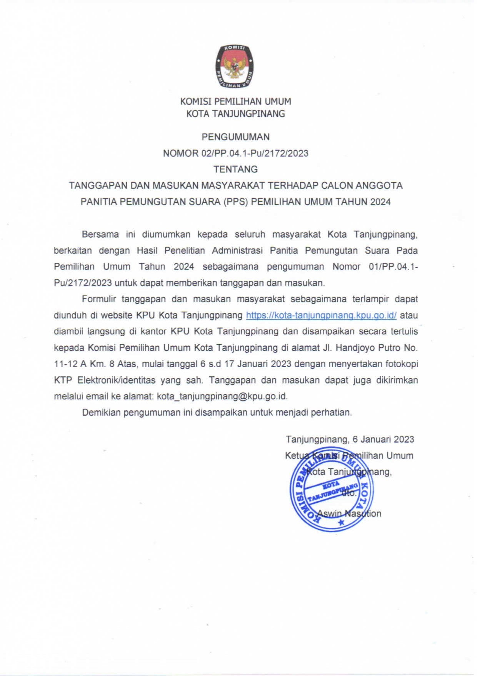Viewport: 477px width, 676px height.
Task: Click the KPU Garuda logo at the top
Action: pyautogui.click(x=235, y=66)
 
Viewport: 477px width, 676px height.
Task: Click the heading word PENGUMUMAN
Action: pyautogui.click(x=235, y=137)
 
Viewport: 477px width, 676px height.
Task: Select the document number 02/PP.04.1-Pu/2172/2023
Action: pyautogui.click(x=255, y=153)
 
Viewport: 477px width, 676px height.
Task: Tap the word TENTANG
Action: pyautogui.click(x=235, y=169)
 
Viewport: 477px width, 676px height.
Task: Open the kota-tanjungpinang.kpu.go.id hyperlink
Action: pyautogui.click(x=321, y=315)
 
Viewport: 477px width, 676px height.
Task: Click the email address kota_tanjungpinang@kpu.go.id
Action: pyautogui.click(x=222, y=396)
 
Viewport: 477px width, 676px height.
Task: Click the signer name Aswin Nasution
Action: pyautogui.click(x=349, y=513)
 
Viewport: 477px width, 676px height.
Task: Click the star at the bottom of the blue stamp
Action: pyautogui.click(x=340, y=522)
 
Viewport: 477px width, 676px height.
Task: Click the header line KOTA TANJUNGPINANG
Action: pyautogui.click(x=235, y=114)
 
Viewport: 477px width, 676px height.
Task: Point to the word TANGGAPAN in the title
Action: pyautogui.click(x=98, y=186)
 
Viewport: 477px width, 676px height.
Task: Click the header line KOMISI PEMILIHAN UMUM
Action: pyautogui.click(x=235, y=102)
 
